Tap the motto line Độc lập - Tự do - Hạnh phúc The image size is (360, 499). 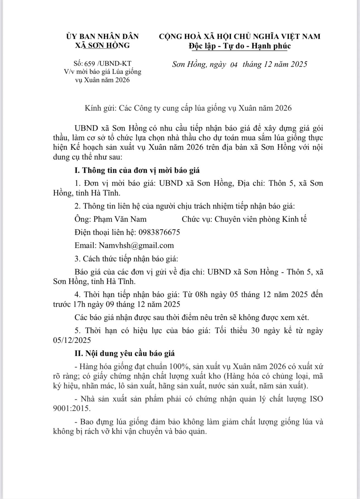[x=239, y=46]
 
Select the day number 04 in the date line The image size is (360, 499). [x=234, y=65]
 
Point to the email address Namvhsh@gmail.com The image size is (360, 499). [x=136, y=245]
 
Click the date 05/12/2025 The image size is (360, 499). [x=72, y=340]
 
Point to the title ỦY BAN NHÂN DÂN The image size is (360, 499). [x=102, y=36]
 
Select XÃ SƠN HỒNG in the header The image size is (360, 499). [x=102, y=45]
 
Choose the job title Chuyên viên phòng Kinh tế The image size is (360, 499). [x=260, y=219]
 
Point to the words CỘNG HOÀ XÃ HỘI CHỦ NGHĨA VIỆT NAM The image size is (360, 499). [x=239, y=36]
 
